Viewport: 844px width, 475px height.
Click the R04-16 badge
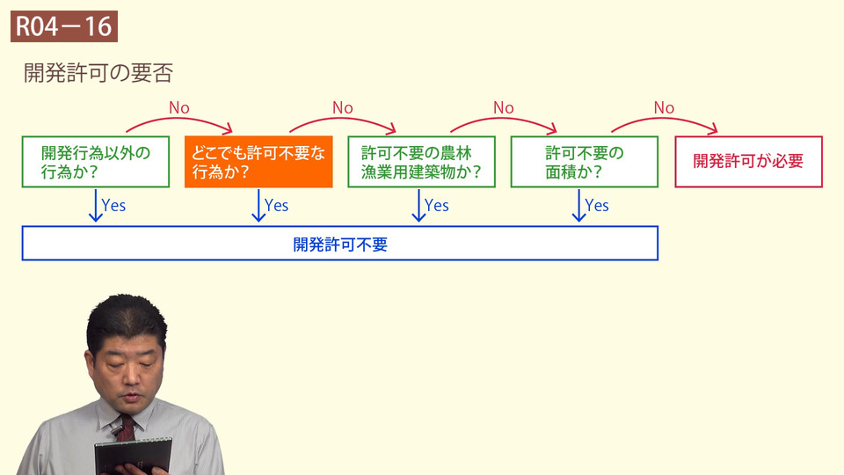pyautogui.click(x=64, y=26)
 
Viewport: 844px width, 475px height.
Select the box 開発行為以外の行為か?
pyautogui.click(x=95, y=162)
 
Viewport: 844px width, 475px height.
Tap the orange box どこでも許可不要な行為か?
pyautogui.click(x=258, y=162)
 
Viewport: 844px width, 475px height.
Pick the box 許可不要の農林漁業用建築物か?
pyautogui.click(x=422, y=162)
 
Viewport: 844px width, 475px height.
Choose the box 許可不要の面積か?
pyautogui.click(x=584, y=162)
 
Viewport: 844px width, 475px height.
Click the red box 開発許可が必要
pyautogui.click(x=748, y=162)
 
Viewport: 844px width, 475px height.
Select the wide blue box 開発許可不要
pyautogui.click(x=340, y=244)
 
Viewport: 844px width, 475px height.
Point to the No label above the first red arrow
pyautogui.click(x=179, y=107)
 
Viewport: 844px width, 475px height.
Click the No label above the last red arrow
pyautogui.click(x=664, y=107)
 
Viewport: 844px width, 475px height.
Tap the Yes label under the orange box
pyautogui.click(x=276, y=205)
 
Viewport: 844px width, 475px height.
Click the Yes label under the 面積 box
pyautogui.click(x=597, y=205)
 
